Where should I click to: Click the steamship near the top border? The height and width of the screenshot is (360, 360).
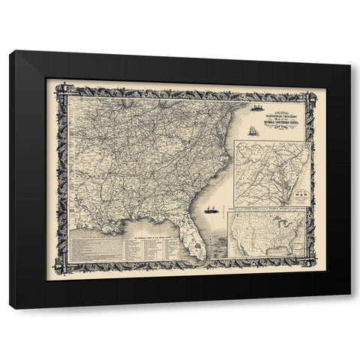tap(258, 107)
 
